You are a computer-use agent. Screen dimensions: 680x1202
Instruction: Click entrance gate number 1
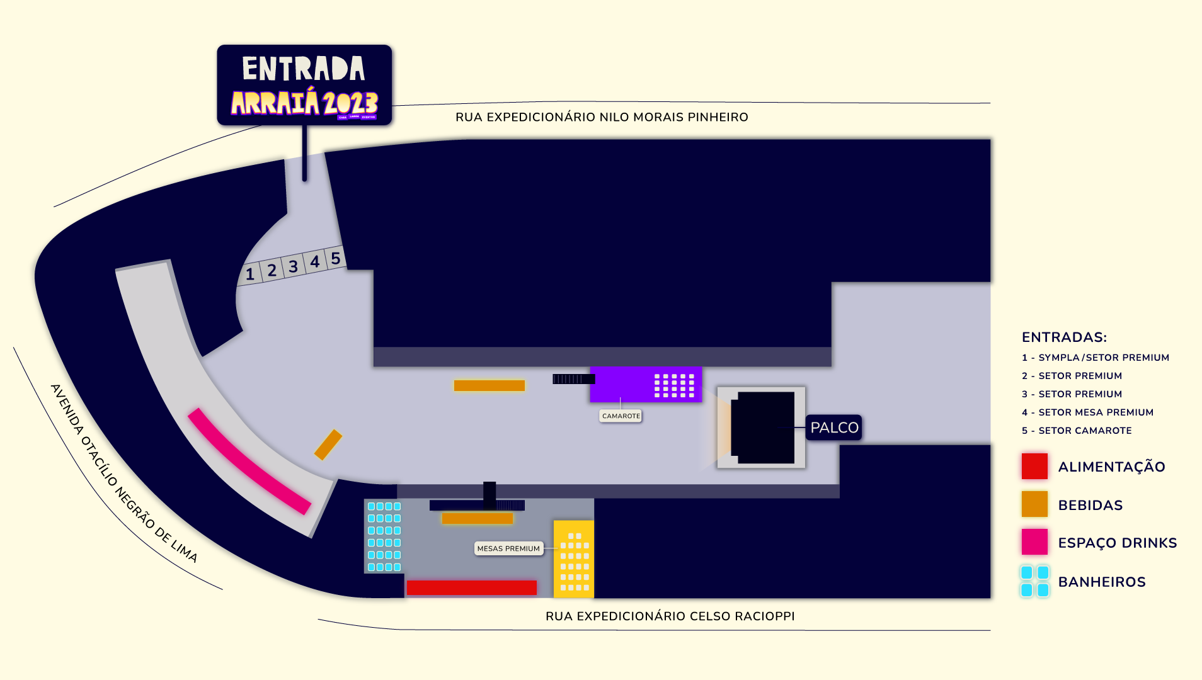click(250, 274)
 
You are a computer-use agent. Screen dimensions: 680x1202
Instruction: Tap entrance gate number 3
click(293, 267)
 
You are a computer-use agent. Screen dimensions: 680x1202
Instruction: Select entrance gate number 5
click(336, 258)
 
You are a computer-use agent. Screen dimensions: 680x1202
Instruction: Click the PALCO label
click(833, 428)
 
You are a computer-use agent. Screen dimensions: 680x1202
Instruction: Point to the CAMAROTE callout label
click(621, 416)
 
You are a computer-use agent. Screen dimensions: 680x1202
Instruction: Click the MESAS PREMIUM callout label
click(508, 548)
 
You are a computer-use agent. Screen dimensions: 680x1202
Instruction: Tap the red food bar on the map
click(471, 587)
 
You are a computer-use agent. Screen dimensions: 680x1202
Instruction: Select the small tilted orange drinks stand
click(328, 445)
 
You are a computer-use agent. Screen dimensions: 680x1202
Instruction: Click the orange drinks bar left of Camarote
click(489, 385)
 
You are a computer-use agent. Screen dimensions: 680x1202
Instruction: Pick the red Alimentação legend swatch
click(1034, 467)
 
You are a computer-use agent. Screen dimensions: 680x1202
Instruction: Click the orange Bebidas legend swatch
click(1034, 504)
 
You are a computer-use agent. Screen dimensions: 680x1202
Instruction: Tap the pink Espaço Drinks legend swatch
click(1034, 542)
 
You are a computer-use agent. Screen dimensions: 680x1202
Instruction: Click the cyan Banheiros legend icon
click(1034, 581)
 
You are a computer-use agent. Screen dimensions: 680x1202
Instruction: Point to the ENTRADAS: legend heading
click(1064, 337)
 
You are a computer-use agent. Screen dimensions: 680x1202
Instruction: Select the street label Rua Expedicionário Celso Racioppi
click(670, 616)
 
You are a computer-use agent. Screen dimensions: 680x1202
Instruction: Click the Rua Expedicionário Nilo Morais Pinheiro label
click(602, 117)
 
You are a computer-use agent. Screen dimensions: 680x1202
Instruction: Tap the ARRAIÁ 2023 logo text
click(304, 103)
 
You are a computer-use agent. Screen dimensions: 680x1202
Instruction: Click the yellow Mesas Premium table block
click(573, 558)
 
